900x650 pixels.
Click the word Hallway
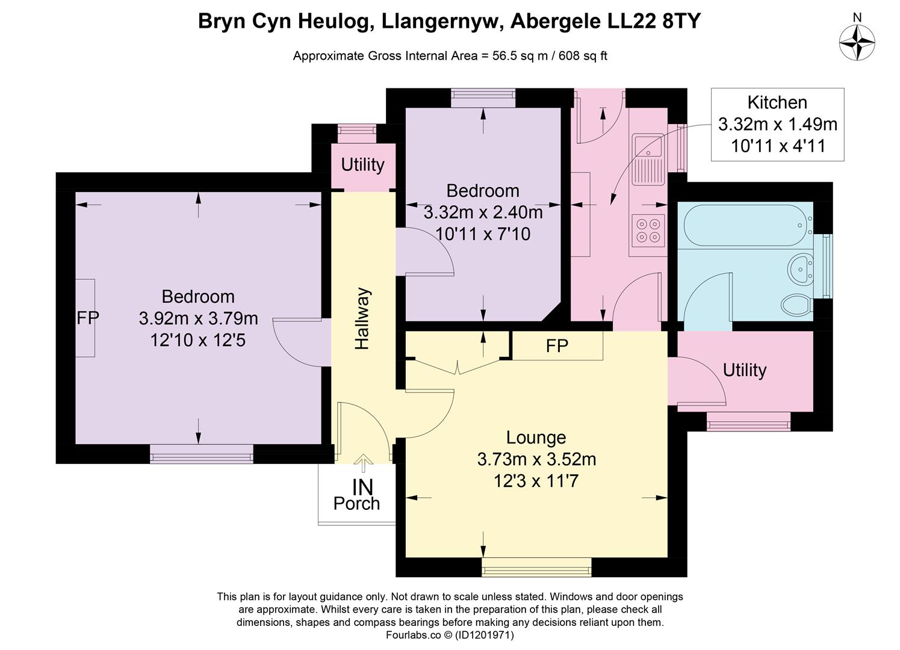coord(362,319)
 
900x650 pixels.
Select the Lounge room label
coord(536,438)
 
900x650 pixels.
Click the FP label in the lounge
coord(557,346)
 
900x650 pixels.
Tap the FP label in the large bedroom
coord(87,318)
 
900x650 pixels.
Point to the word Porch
coord(356,503)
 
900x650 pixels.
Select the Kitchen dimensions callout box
coord(777,125)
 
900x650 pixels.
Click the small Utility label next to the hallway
coord(362,164)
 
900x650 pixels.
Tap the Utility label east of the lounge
coord(744,370)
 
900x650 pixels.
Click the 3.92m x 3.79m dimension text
coord(198,318)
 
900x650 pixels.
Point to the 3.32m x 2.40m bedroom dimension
coord(483,212)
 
